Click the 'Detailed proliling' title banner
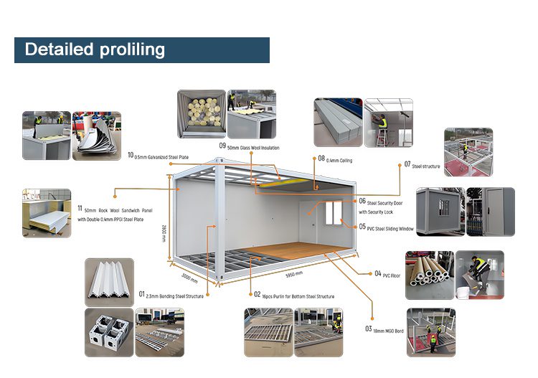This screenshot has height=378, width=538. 141,49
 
